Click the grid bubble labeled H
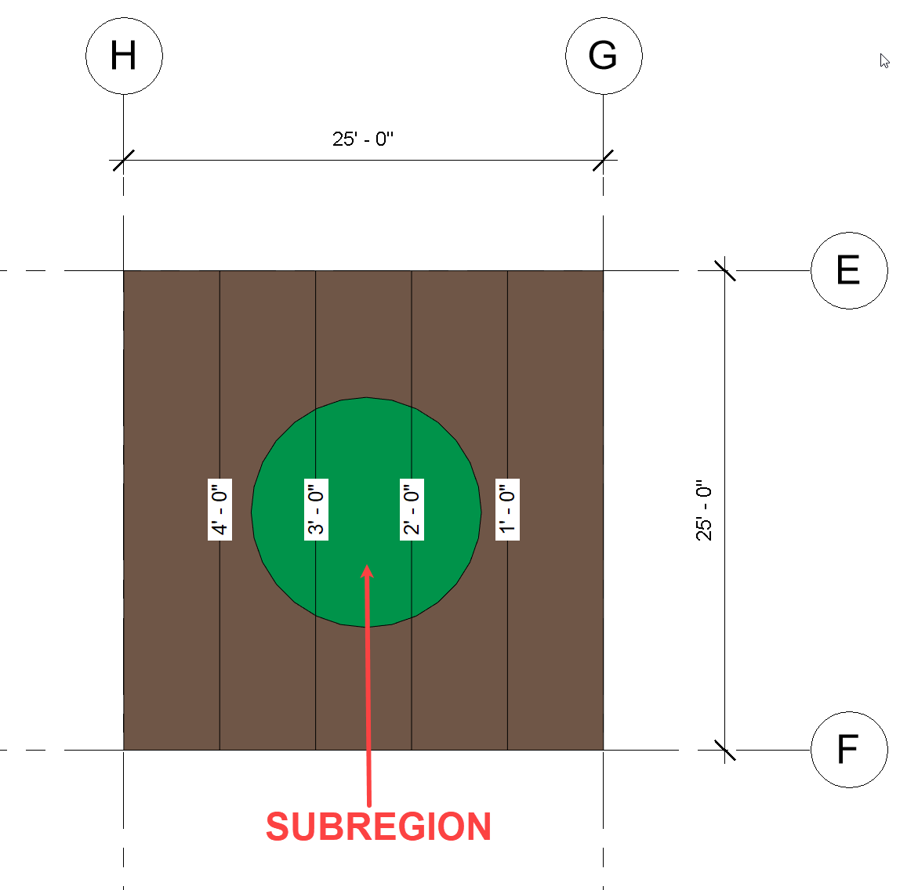124,56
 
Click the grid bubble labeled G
604,56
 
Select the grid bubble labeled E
849,270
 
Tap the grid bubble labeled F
849,750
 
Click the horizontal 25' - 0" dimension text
363,139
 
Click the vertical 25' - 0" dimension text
704,511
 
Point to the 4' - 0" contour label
220,509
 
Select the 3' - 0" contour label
316,509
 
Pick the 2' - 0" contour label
412,509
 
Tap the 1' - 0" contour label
508,509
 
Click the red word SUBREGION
379,827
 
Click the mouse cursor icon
884,61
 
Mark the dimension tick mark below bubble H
124,161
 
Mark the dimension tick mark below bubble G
604,161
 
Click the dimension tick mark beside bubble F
725,750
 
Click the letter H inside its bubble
124,56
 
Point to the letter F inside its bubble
847,750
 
